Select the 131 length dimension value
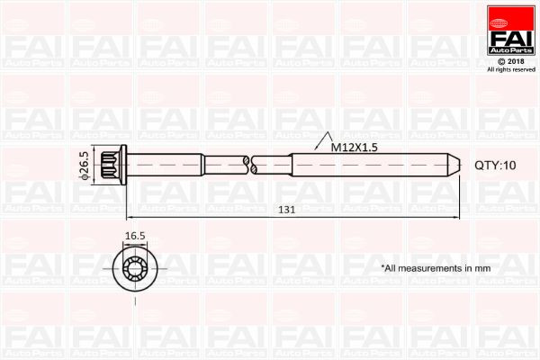(287, 209)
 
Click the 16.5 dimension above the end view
(135, 235)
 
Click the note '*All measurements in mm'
(436, 268)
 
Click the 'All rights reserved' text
(510, 69)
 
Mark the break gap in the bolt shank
(249, 165)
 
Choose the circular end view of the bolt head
(135, 268)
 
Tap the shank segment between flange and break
(189, 166)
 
